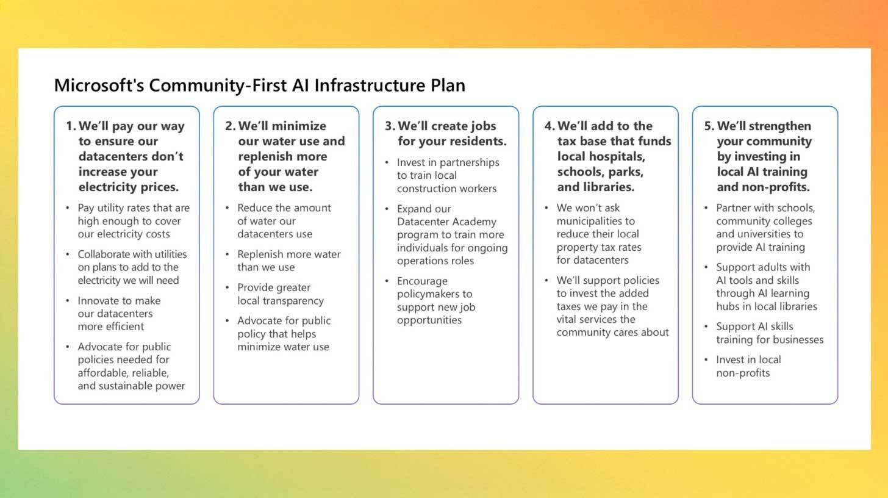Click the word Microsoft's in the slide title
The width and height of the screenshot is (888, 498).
99,85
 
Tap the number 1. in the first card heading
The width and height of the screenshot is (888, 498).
71,126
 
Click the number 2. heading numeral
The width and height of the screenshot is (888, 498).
230,126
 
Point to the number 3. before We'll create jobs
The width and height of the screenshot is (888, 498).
390,126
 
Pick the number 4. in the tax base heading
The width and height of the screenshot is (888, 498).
550,126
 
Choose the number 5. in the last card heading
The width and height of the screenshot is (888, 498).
709,126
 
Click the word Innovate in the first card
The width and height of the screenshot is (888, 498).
98,300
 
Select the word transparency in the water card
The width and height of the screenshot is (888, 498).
294,300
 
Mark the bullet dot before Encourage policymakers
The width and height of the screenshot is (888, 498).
387,281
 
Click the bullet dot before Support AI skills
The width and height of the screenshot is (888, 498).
706,327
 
